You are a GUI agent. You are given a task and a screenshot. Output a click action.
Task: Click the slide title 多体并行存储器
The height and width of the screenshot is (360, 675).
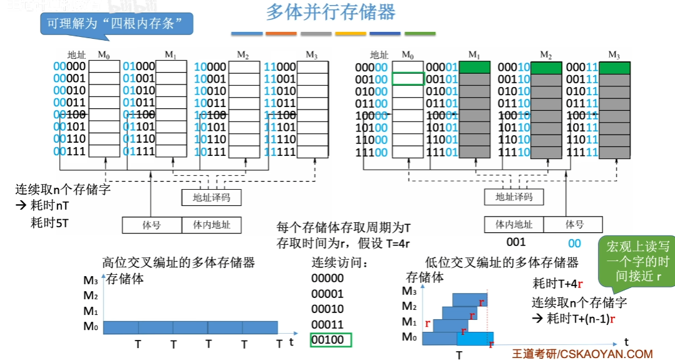pyautogui.click(x=331, y=12)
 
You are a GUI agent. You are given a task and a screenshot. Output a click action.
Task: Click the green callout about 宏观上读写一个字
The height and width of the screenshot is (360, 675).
pyautogui.click(x=634, y=262)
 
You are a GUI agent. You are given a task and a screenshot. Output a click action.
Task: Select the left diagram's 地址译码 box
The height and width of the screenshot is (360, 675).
pyautogui.click(x=211, y=197)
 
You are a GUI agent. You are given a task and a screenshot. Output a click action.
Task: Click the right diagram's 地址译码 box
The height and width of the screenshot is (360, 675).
pyautogui.click(x=514, y=197)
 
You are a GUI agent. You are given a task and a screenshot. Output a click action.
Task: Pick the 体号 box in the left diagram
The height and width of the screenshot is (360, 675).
pyautogui.click(x=152, y=224)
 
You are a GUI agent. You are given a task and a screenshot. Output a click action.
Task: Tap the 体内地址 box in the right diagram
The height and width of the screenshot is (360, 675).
pyautogui.click(x=514, y=224)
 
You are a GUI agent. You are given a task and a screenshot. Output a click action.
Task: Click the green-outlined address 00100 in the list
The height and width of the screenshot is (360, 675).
pyautogui.click(x=331, y=340)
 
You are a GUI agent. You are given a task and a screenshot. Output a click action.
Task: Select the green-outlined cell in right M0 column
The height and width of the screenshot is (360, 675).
pyautogui.click(x=406, y=79)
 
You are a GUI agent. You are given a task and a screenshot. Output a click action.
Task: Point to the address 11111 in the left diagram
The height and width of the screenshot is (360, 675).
pyautogui.click(x=280, y=152)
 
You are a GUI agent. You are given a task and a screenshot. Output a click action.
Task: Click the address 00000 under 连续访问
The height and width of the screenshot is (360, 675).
pyautogui.click(x=327, y=279)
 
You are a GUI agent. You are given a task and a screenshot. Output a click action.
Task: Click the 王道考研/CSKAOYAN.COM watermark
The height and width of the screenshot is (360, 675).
pyautogui.click(x=582, y=354)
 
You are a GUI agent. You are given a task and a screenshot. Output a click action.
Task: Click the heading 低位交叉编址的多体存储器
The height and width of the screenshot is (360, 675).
pyautogui.click(x=501, y=262)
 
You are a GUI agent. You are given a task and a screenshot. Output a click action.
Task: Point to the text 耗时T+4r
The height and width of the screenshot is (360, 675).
pyautogui.click(x=557, y=283)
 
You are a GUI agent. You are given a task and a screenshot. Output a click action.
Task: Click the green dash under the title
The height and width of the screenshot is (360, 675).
pyautogui.click(x=420, y=33)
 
